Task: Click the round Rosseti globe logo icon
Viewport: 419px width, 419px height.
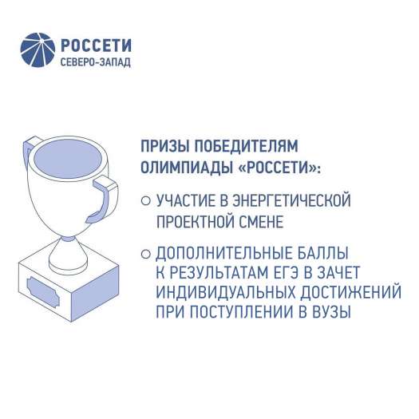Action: [x=38, y=49]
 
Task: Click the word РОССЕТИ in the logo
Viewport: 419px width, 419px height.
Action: [x=97, y=45]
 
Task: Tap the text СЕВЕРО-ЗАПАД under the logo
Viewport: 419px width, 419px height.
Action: [x=96, y=62]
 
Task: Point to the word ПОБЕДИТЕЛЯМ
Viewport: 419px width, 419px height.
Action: [x=247, y=146]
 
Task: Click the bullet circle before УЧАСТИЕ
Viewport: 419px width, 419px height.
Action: [x=145, y=200]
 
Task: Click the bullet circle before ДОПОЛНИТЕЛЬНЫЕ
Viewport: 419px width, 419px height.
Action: [x=145, y=254]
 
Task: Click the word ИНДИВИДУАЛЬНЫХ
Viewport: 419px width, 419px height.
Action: [x=226, y=292]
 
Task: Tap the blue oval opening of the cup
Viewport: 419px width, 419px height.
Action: [x=68, y=160]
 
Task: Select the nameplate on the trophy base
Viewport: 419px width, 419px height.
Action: [x=43, y=292]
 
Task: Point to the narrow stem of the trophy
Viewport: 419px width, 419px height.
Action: [x=68, y=250]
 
